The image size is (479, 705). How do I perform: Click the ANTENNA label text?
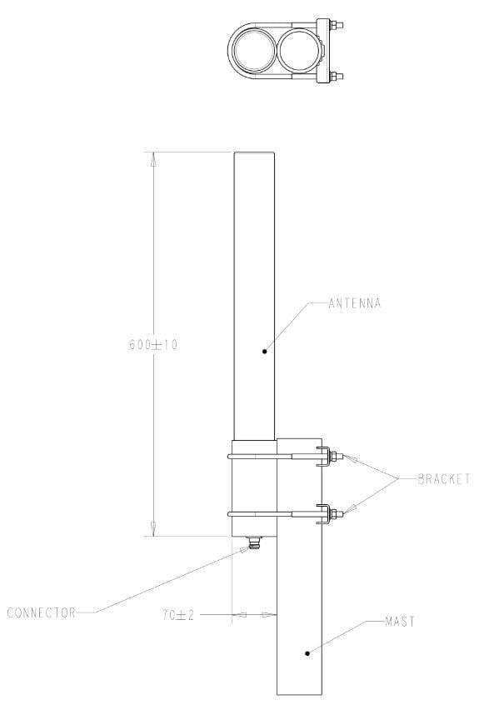[x=354, y=303]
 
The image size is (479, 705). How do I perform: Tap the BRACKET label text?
[x=443, y=479]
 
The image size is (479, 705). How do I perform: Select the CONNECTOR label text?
[x=42, y=613]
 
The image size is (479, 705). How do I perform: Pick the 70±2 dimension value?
[x=178, y=615]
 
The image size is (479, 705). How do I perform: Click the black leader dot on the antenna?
[x=264, y=351]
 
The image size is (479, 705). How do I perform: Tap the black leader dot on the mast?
[x=307, y=653]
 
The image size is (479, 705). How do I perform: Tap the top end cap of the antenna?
[x=255, y=154]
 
